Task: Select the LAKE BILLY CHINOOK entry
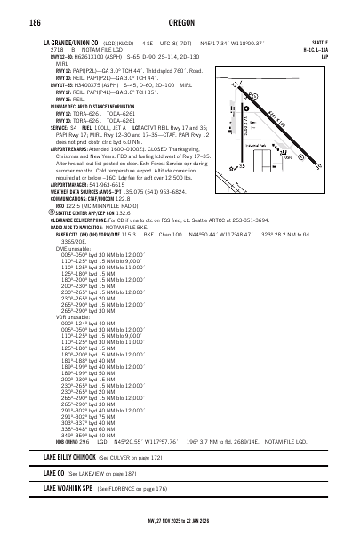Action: tap(69, 457)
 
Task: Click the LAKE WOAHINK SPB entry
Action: tap(68, 489)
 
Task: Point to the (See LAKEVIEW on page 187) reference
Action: tap(100, 474)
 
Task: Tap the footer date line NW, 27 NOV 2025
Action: tap(180, 521)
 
